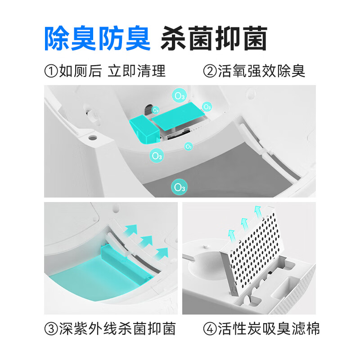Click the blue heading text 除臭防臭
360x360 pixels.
97,38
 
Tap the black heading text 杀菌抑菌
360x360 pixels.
214,38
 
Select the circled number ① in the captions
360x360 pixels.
51,71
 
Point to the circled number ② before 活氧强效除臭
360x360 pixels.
210,71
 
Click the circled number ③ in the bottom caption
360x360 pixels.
51,329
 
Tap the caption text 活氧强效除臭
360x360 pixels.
261,71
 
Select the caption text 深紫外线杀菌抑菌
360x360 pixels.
117,329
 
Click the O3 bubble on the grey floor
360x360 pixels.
180,187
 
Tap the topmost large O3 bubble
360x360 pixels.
180,96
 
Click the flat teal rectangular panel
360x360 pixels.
179,115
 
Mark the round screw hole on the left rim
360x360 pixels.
93,135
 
